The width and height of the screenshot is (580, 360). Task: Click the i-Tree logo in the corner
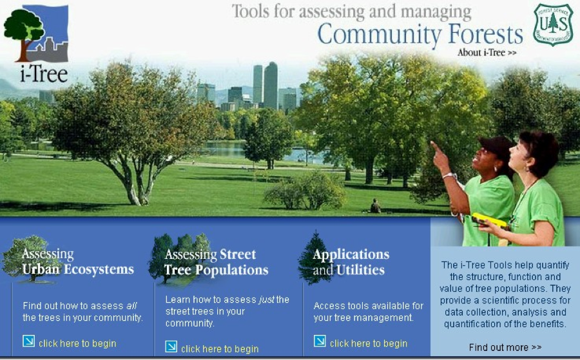click(36, 44)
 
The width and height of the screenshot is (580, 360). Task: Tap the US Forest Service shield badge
click(553, 24)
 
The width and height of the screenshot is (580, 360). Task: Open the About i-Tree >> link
click(487, 52)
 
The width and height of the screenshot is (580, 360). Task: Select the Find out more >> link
click(505, 347)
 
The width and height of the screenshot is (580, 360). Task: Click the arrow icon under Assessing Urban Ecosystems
click(29, 341)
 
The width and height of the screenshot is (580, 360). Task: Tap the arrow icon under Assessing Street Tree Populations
click(171, 346)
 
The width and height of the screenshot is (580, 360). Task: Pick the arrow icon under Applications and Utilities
click(320, 341)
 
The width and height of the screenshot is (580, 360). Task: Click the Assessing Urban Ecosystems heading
click(78, 261)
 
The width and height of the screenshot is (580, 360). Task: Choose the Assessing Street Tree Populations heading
click(217, 262)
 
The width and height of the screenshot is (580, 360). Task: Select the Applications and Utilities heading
click(351, 262)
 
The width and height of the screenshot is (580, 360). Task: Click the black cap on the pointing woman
click(496, 144)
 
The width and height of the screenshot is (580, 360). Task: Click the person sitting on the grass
click(376, 206)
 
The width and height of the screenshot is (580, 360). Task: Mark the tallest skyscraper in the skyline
click(271, 86)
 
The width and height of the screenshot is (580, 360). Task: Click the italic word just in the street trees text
click(266, 299)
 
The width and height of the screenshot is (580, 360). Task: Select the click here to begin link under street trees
click(220, 349)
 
